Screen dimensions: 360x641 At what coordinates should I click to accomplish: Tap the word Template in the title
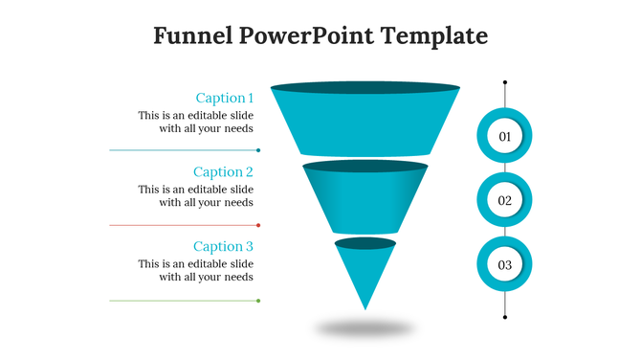[x=434, y=36]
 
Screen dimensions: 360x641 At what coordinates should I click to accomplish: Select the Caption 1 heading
[x=224, y=98]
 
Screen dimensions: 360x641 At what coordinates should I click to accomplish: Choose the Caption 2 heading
[x=223, y=172]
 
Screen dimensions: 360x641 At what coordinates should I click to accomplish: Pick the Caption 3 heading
[x=223, y=247]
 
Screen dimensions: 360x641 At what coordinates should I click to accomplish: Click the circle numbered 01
[x=504, y=137]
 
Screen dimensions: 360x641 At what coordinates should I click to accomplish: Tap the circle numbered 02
[x=504, y=201]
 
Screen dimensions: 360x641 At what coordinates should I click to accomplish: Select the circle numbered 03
[x=504, y=264]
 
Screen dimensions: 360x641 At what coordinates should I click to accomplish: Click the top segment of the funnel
[x=365, y=124]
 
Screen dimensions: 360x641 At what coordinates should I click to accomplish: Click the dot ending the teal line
[x=258, y=150]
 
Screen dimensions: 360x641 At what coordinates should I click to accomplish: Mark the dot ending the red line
[x=258, y=225]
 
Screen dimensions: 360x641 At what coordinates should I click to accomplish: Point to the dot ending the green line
[x=258, y=301]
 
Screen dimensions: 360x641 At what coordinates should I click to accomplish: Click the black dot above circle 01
[x=505, y=82]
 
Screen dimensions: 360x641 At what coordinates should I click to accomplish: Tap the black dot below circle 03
[x=505, y=317]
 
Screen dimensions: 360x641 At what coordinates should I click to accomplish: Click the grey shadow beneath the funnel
[x=365, y=328]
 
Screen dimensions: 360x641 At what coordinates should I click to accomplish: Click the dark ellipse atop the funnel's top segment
[x=365, y=88]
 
